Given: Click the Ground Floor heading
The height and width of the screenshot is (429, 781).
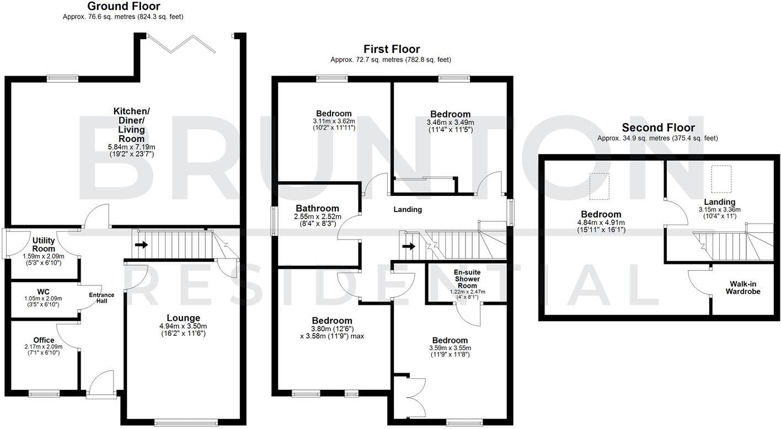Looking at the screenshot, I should click(x=124, y=7).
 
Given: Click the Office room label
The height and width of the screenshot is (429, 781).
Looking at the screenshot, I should click(x=44, y=340).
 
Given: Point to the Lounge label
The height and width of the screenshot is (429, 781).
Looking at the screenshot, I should click(x=183, y=318).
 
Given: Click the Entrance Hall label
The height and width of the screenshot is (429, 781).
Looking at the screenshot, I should click(x=101, y=298).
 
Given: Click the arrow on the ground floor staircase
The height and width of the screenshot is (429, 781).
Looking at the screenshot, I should click(x=141, y=245).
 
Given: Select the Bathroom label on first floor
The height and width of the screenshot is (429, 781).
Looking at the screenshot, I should click(x=317, y=208).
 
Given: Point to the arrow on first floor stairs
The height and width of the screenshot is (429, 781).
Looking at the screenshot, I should click(x=408, y=246).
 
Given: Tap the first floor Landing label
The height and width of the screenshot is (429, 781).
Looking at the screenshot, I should click(x=408, y=210).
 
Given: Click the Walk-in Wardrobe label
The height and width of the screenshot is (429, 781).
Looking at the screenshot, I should click(x=742, y=287).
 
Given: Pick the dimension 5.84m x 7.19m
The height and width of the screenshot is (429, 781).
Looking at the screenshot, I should click(x=131, y=147).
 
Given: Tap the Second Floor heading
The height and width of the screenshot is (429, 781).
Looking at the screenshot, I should click(x=658, y=128).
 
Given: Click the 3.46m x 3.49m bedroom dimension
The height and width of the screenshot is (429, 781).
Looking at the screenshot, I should click(x=450, y=123).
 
